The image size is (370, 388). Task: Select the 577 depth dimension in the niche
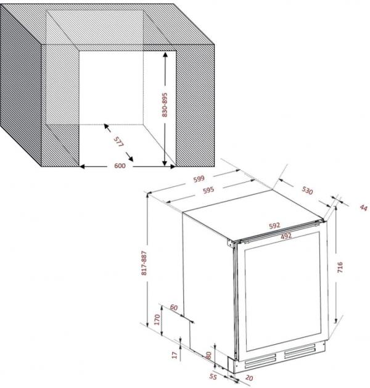click(x=118, y=142)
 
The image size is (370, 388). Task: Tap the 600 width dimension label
click(x=120, y=165)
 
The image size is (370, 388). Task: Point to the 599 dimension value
click(x=199, y=179)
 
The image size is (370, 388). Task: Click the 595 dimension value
click(x=208, y=190)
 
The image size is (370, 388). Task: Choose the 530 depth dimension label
click(x=308, y=190)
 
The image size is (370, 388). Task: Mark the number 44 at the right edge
click(x=363, y=208)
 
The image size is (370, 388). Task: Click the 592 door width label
click(x=274, y=225)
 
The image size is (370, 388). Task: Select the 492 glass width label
click(x=286, y=236)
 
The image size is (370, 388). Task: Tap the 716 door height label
click(x=340, y=267)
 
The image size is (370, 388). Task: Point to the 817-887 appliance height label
click(x=144, y=263)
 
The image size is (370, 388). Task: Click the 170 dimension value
click(x=157, y=320)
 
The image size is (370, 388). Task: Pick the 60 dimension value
click(x=174, y=307)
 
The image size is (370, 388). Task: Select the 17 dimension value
click(x=175, y=355)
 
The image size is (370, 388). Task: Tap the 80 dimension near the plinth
click(x=209, y=355)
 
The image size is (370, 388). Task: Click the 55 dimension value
click(x=213, y=377)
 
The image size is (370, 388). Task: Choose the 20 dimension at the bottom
click(x=249, y=378)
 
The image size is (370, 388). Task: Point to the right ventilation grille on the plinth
click(x=300, y=350)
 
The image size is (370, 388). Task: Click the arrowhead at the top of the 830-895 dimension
click(x=165, y=54)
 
